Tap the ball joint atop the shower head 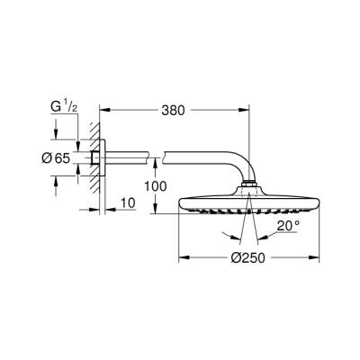[x=247, y=187]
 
